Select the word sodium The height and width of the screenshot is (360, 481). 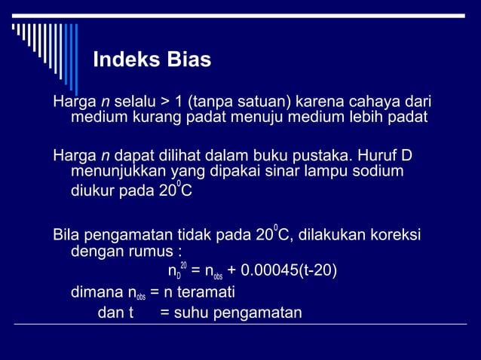[377, 172]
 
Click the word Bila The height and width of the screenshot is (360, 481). [66, 234]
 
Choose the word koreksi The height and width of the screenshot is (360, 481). [394, 234]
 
